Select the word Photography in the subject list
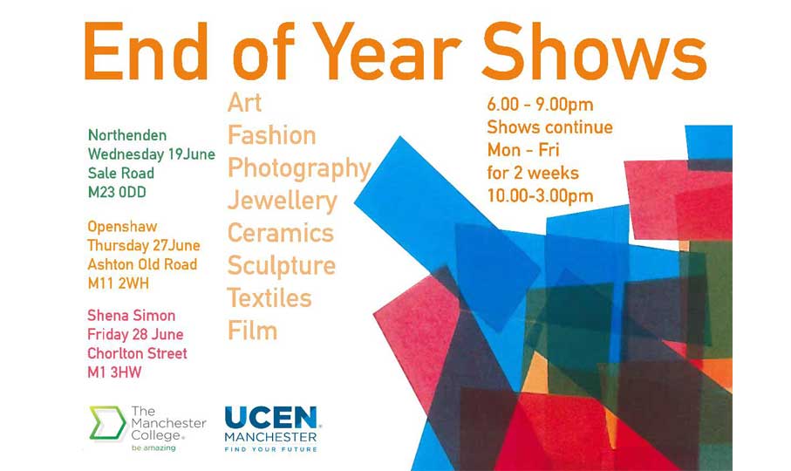tap(299, 168)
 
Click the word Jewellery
tap(282, 201)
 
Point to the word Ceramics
tap(280, 233)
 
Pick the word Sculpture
tap(281, 265)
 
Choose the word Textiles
tap(269, 298)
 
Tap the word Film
tap(252, 331)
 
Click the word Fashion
tap(271, 135)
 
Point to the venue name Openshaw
tap(122, 227)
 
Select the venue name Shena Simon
tap(131, 316)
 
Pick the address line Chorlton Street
tap(137, 353)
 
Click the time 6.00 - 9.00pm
tap(539, 106)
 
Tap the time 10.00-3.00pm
tap(540, 195)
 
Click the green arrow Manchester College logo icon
tap(106, 422)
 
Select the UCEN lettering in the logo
tap(271, 418)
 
